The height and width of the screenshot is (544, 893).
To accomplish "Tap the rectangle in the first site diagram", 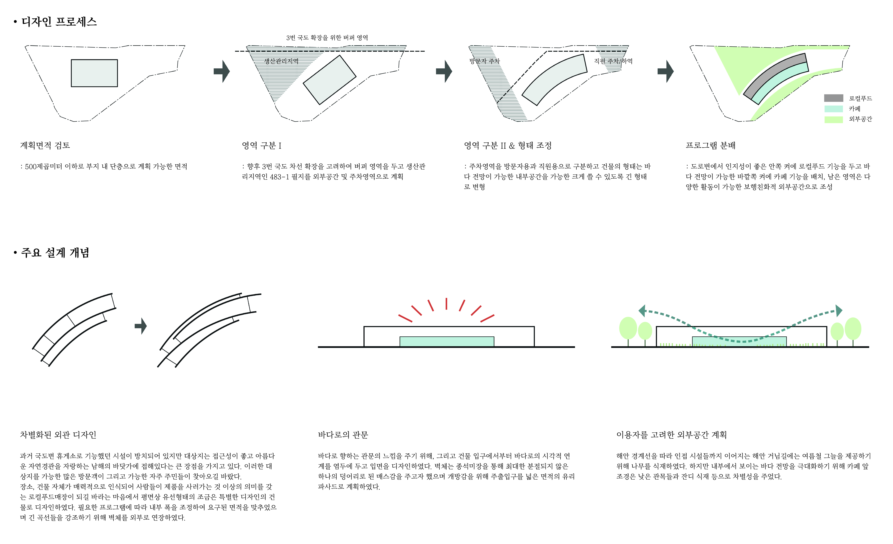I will tap(94, 73).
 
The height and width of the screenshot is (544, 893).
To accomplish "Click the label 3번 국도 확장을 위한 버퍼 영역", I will tap(327, 38).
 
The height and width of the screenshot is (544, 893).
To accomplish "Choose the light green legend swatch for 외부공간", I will tap(834, 119).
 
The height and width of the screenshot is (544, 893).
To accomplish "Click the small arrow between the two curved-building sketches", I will tap(141, 326).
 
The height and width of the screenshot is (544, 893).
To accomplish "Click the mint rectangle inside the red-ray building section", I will tap(447, 341).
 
